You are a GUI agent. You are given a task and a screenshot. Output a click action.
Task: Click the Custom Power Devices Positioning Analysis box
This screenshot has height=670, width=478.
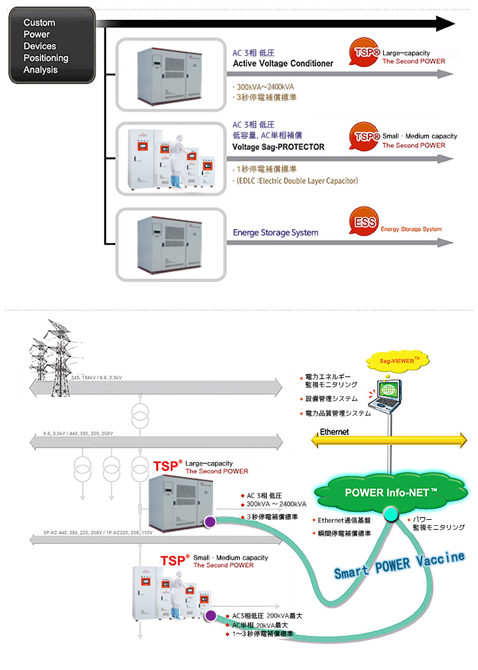52,45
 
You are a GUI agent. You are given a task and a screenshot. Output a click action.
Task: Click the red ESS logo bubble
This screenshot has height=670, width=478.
362,224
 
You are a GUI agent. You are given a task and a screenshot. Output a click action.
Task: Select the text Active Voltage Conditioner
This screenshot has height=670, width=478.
283,64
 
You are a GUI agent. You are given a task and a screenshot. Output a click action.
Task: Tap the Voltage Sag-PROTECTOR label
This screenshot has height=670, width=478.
278,147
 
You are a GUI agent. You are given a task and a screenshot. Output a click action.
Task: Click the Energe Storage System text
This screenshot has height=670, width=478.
276,233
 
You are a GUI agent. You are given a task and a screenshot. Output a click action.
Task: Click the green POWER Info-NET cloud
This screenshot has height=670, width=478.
390,493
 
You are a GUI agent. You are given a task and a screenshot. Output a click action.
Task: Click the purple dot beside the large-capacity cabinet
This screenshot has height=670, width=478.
210,522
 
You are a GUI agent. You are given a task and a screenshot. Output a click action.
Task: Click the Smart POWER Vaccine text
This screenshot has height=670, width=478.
398,564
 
